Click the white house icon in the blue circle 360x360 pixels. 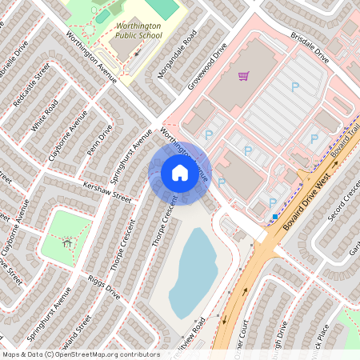click(179, 173)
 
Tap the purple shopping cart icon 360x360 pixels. click(243, 77)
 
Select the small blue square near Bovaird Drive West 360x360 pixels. click(275, 216)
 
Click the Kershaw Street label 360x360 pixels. click(106, 191)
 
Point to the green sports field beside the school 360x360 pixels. click(163, 8)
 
